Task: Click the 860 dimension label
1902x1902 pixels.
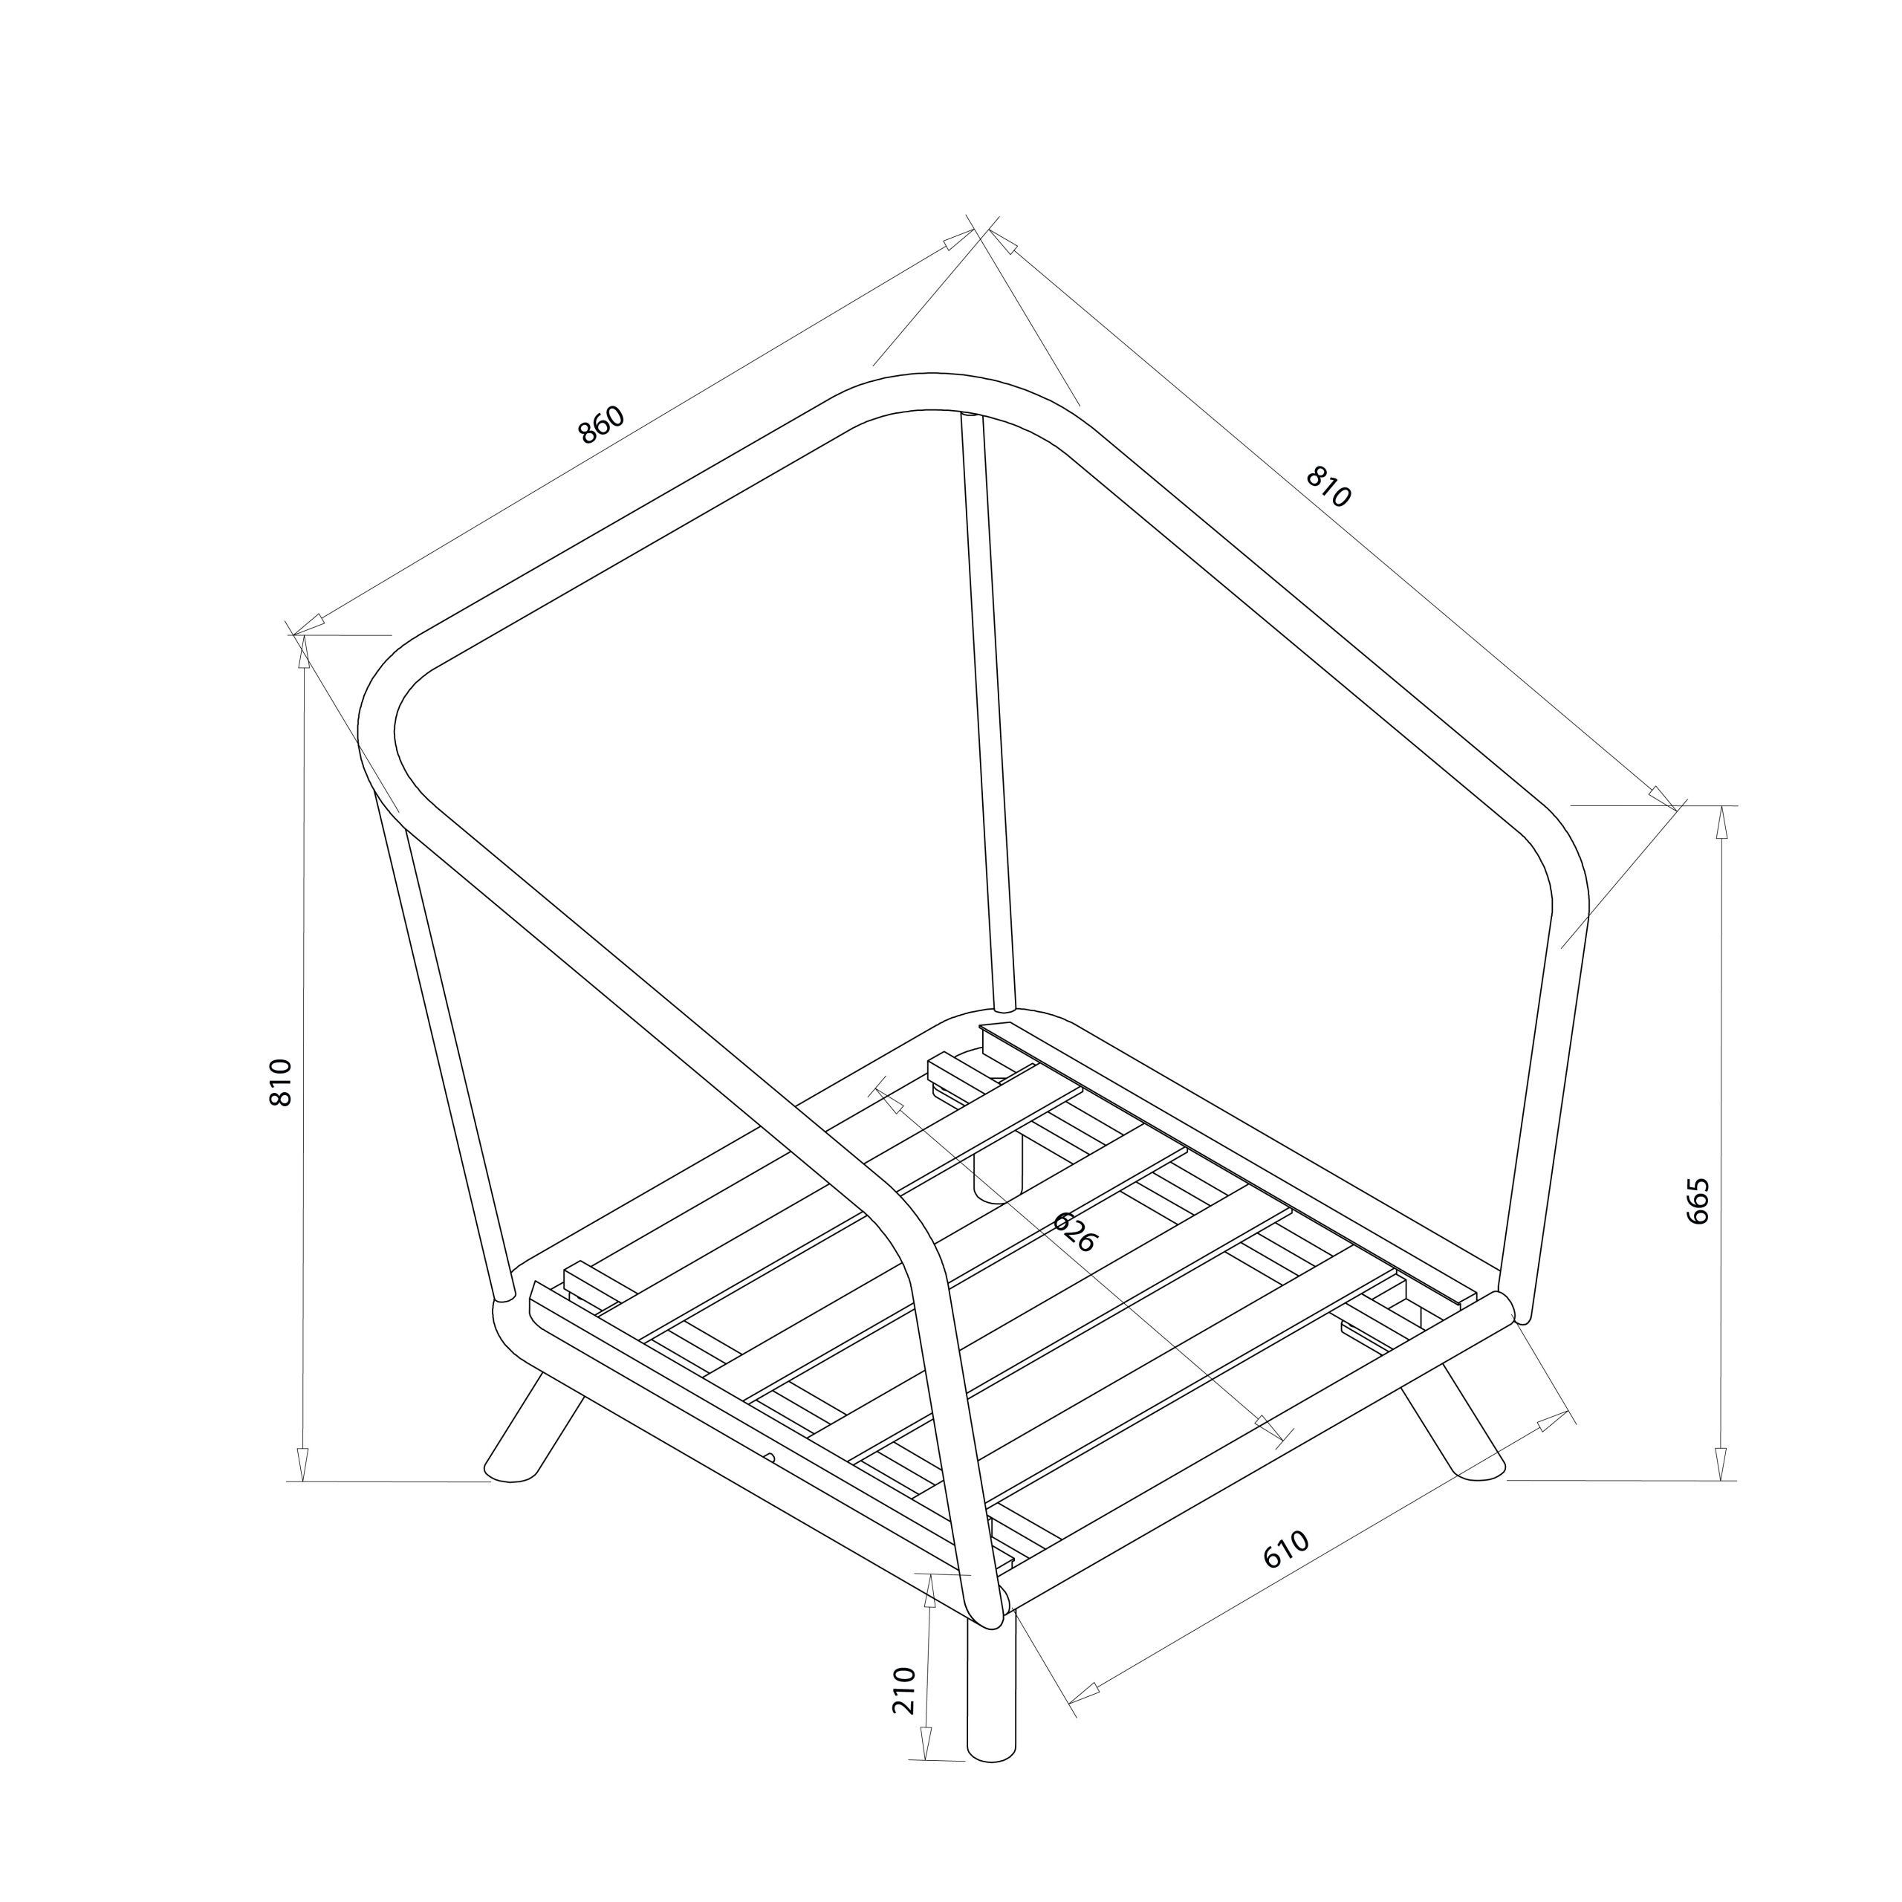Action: pos(602,424)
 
